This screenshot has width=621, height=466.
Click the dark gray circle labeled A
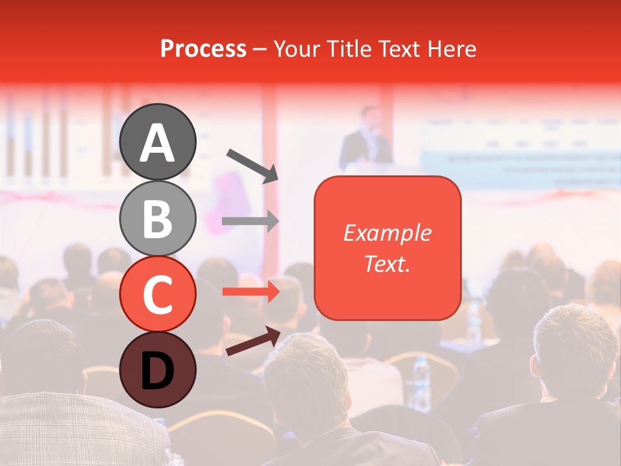(157, 141)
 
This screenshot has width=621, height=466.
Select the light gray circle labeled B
(157, 218)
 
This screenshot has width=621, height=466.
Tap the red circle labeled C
(157, 294)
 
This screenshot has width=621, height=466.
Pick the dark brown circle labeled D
(157, 370)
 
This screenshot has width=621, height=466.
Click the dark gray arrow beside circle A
(252, 165)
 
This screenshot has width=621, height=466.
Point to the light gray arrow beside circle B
(250, 221)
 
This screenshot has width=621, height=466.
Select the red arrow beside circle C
(250, 292)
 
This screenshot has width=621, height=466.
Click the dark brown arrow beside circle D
(253, 341)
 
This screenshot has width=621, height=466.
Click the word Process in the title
(203, 49)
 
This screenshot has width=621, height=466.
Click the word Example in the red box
(387, 233)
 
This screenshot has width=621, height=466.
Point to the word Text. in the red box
(387, 263)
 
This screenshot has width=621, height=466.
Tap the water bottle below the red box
(421, 382)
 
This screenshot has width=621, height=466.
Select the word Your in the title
(298, 49)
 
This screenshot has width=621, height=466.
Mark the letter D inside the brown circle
(157, 371)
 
